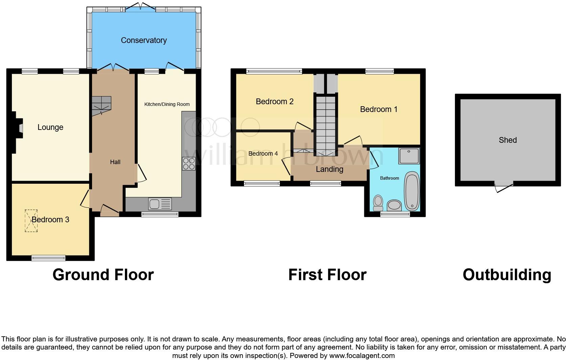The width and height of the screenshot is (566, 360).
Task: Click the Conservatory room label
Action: coord(144,40)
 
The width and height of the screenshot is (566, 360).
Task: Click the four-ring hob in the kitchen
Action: coord(189,164)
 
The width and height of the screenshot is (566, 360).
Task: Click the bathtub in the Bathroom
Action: coord(412,191)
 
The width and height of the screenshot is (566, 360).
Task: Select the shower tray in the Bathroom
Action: coord(409,156)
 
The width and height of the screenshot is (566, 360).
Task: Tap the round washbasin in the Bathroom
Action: coord(394,205)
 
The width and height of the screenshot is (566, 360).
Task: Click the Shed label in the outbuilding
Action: coord(507,140)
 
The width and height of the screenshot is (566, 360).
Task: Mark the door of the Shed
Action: coord(504,187)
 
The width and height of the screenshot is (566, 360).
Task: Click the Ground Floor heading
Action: coord(103,275)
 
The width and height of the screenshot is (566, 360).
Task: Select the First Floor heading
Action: coord(327,275)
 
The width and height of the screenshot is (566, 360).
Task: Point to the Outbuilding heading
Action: coord(507,275)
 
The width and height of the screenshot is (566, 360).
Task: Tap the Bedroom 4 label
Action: coord(263,154)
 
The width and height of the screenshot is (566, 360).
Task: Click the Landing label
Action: coord(329,169)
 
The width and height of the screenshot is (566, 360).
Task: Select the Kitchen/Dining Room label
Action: coord(167,104)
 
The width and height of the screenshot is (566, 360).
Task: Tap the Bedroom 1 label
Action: coord(378,109)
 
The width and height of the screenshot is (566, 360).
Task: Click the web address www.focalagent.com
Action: coord(362,356)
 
